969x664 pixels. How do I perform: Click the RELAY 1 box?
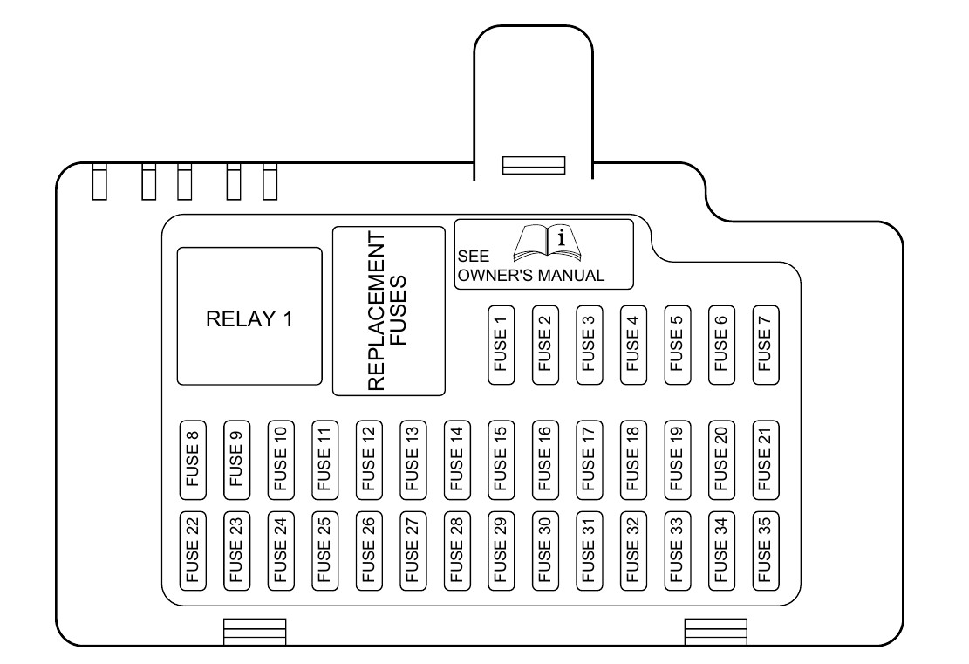(249, 317)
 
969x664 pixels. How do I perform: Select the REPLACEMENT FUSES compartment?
(389, 311)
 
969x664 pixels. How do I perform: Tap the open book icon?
(548, 243)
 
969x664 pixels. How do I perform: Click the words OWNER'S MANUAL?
(531, 275)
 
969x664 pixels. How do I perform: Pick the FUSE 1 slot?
(502, 345)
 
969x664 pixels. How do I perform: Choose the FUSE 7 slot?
(766, 345)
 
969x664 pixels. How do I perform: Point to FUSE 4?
(633, 345)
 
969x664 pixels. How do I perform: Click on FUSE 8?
(193, 460)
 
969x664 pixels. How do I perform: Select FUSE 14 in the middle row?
(457, 460)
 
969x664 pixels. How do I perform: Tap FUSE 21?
(766, 460)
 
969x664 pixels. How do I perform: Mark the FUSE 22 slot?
(193, 551)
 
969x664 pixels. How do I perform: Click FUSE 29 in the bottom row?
(502, 551)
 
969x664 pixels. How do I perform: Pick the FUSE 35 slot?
(766, 551)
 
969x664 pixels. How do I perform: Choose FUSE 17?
(590, 460)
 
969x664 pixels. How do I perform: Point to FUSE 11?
(325, 460)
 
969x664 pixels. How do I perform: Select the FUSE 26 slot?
(369, 551)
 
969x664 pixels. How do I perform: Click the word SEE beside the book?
(474, 256)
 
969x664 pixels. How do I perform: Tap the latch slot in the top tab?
(533, 165)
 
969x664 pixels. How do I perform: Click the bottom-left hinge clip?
(255, 632)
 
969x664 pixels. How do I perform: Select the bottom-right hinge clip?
(715, 632)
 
